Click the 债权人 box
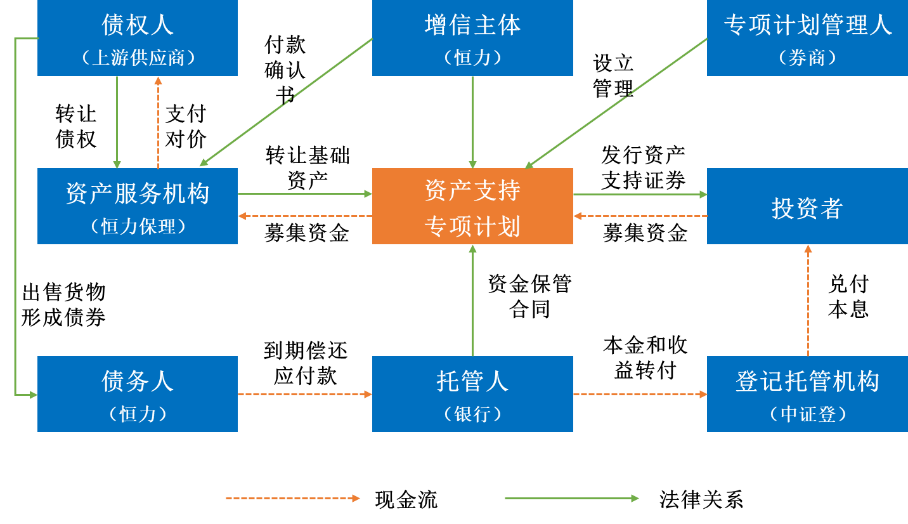(x=137, y=37)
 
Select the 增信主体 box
(x=472, y=37)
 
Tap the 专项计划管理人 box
(x=807, y=37)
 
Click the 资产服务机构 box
(x=137, y=205)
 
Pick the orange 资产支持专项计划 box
(x=472, y=207)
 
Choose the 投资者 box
(x=807, y=207)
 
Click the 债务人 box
(x=137, y=393)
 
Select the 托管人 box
(x=472, y=393)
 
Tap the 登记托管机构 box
(x=807, y=393)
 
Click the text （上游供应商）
(x=137, y=58)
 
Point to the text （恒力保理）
(x=137, y=226)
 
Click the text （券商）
(x=807, y=58)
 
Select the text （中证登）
(x=807, y=414)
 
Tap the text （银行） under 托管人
(x=472, y=414)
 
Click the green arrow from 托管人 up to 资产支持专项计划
(x=472, y=300)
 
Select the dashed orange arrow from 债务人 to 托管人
(x=305, y=395)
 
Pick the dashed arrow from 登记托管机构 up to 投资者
(x=807, y=300)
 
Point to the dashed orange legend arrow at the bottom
(x=292, y=498)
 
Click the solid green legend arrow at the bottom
(x=571, y=498)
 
